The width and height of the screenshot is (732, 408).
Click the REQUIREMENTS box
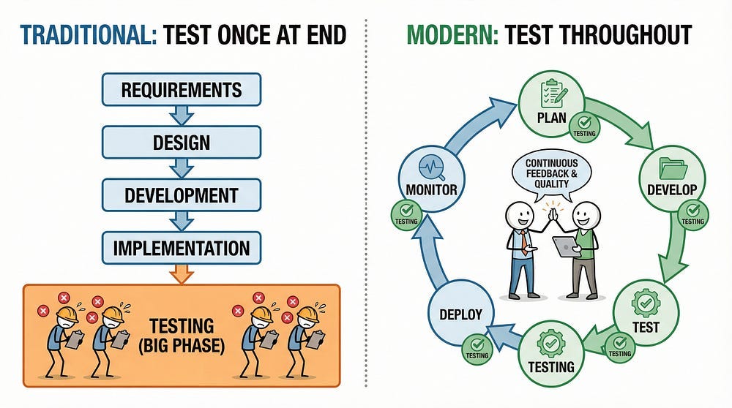[181, 89]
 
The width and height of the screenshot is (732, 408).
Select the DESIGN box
[181, 142]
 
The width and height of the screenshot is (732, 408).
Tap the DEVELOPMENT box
[181, 195]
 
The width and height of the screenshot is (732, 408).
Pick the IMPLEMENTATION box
[181, 249]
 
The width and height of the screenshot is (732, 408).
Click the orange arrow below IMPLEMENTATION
[181, 275]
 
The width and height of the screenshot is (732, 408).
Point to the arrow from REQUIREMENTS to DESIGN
[181, 116]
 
